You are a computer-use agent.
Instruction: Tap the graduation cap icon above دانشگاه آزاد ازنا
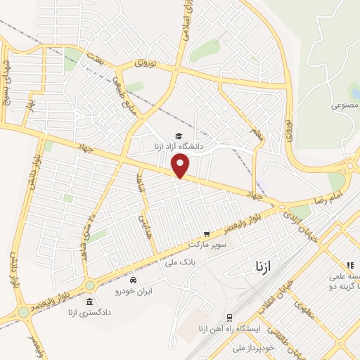pos(179,136)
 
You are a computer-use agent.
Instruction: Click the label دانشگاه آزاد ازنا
pos(178,146)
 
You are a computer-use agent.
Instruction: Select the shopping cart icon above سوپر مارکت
pos(206,234)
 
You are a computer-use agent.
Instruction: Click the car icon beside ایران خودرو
pos(133,280)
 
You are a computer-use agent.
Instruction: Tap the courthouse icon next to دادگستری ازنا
pos(89,302)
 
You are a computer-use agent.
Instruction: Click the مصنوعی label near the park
pos(345,105)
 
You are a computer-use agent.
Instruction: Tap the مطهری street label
pos(304,307)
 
